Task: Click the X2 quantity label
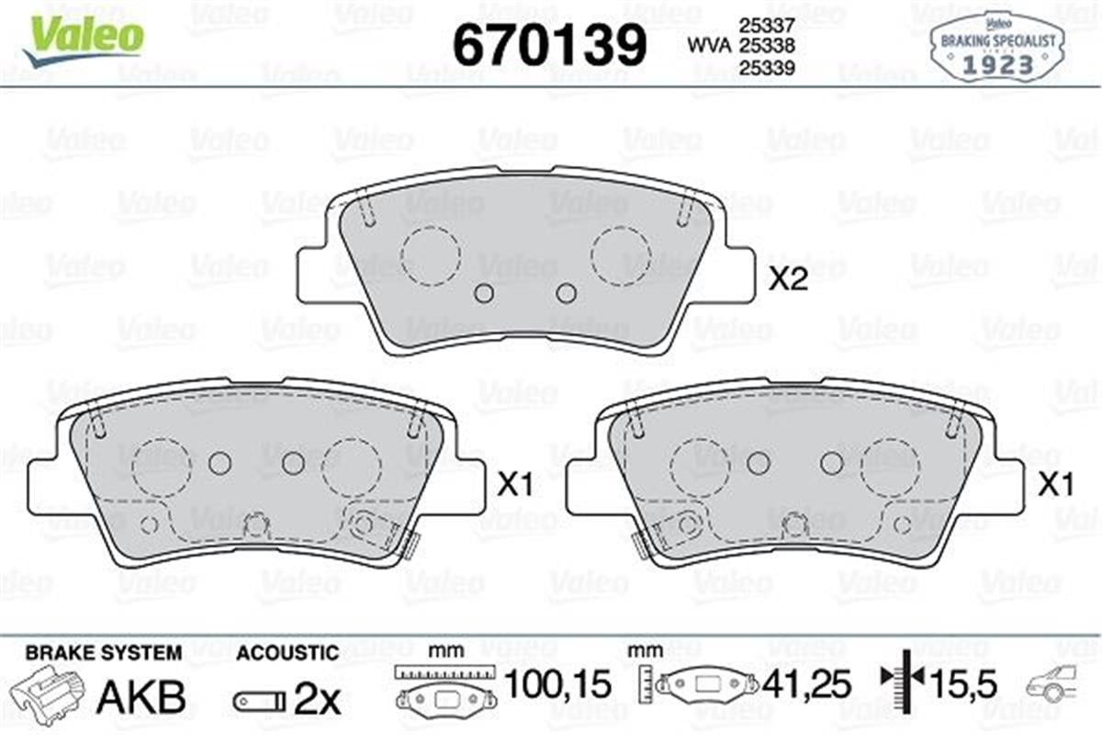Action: click(x=787, y=280)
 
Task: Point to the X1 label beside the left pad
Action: click(x=515, y=485)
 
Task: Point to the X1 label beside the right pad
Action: click(x=1057, y=485)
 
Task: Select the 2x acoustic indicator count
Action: click(x=317, y=700)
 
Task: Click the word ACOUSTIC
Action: click(x=287, y=653)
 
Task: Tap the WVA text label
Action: click(x=705, y=43)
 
